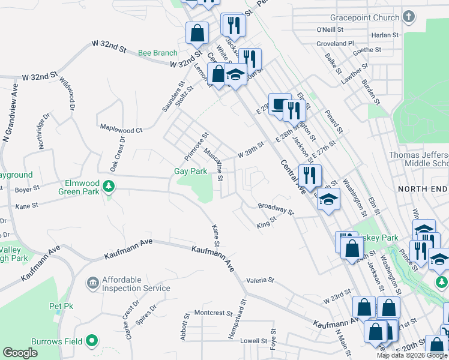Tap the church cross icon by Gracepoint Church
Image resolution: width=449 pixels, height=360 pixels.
pos(409,17)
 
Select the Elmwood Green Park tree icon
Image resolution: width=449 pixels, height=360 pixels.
pos(109,187)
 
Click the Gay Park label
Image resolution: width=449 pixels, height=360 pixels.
pos(190,171)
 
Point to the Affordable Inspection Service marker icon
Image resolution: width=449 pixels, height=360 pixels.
pos(92,283)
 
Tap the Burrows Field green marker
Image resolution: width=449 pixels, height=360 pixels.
pos(92,341)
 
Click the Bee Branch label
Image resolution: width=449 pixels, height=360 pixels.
pos(158,53)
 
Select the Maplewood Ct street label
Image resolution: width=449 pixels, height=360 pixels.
pos(121,129)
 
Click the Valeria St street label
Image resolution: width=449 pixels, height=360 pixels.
pos(260,280)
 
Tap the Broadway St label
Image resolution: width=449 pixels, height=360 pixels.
pos(276,209)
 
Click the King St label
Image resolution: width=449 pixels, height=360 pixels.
pos(266,223)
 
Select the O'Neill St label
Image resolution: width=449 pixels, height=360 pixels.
pos(329,29)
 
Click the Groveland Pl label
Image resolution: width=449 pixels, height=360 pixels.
pos(336,44)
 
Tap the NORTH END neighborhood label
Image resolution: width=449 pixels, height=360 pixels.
pos(423,189)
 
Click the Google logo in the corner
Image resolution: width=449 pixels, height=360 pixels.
pos(20,353)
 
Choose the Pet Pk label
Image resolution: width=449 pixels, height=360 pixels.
pos(61,306)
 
